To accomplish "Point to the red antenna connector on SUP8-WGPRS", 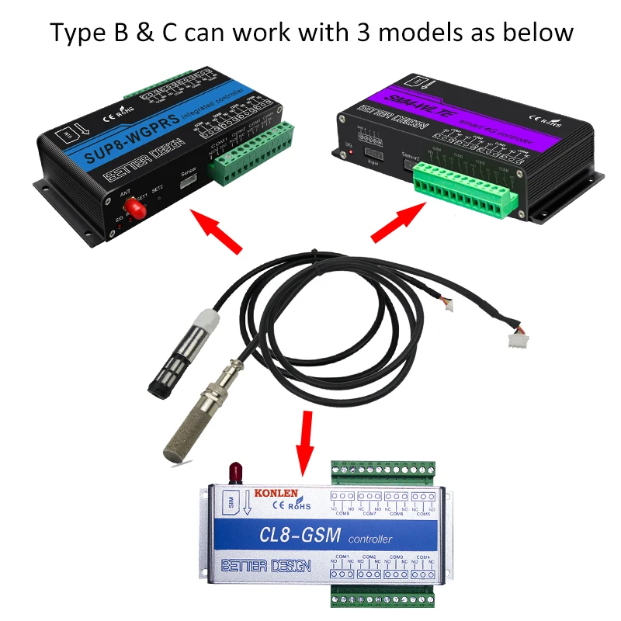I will [x=137, y=209].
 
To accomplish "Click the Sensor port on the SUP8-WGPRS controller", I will [x=187, y=182].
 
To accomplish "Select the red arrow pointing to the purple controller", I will [x=401, y=222].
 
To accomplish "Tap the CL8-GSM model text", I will [x=300, y=536].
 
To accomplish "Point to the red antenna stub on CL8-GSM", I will [x=234, y=471].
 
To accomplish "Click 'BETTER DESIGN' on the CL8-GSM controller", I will [x=267, y=566].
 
